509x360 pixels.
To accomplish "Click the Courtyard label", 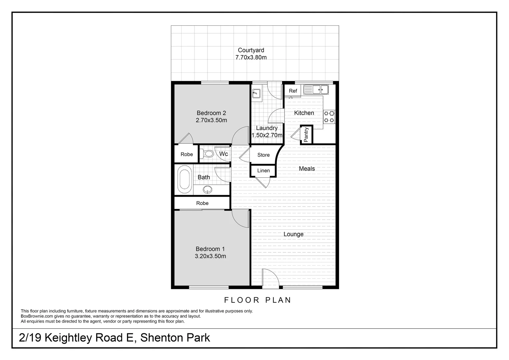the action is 251,50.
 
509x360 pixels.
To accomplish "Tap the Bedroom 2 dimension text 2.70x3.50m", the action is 211,120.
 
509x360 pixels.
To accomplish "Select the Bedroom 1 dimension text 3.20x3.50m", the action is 211,256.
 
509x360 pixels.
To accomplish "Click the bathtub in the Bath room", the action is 185,179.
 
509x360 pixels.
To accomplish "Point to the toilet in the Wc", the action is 207,154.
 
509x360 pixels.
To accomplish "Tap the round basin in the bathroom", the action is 208,189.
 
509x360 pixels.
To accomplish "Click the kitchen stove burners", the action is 329,116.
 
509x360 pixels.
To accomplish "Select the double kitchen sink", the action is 316,89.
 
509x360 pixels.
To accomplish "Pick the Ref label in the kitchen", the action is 293,91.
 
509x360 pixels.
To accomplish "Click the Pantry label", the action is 306,135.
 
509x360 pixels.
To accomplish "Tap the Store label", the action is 263,155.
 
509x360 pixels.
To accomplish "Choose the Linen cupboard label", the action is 263,171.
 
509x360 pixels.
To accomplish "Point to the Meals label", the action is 307,169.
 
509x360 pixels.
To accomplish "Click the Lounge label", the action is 293,234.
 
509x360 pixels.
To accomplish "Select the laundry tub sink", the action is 256,93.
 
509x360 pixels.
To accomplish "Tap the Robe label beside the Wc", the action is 187,154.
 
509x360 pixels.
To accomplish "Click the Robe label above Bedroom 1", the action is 202,203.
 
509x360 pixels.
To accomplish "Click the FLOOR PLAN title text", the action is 257,300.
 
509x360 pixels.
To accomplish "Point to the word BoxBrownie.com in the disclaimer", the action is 37,316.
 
